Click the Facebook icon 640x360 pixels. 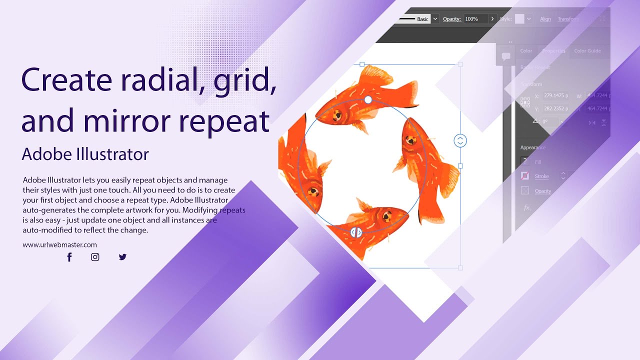pos(69,257)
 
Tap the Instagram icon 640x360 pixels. pos(95,257)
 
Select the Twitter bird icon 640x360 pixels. pos(122,257)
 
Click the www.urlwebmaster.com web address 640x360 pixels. pos(59,245)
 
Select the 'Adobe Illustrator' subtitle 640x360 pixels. pos(85,154)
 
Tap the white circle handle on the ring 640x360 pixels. pos(368,100)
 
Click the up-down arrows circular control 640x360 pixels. pos(460,141)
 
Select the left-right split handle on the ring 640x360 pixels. pos(355,232)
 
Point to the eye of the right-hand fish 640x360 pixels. pos(411,140)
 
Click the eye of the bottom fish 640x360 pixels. pos(386,216)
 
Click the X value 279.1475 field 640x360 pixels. pos(557,96)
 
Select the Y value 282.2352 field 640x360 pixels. pos(557,108)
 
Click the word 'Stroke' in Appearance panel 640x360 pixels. pos(541,176)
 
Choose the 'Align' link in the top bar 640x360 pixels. pos(545,19)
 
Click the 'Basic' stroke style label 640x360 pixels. pos(422,19)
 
